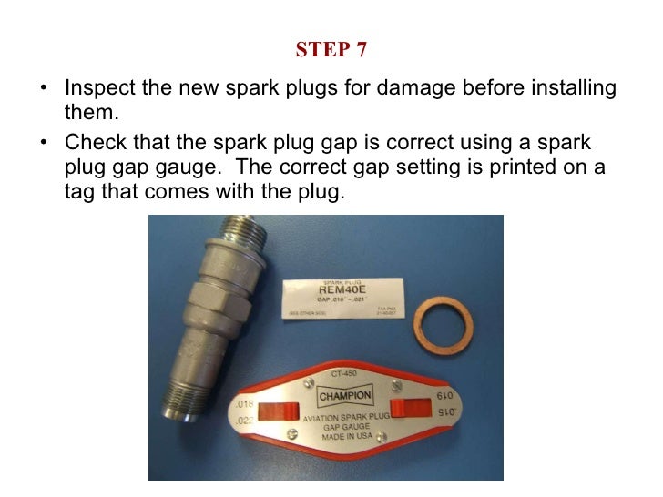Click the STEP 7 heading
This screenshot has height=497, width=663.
[331, 50]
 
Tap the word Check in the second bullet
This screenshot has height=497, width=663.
[91, 144]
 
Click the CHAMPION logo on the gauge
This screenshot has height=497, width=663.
[344, 396]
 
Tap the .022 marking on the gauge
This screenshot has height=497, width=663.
[243, 420]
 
